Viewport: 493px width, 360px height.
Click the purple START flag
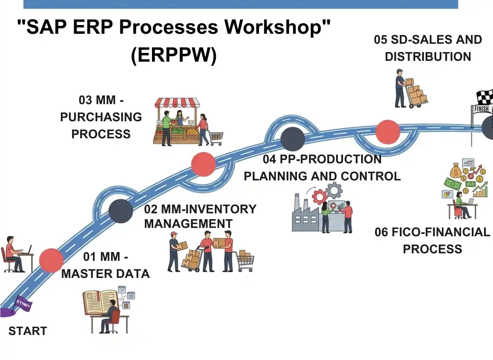pos(22,304)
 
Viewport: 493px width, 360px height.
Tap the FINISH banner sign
pos(481,109)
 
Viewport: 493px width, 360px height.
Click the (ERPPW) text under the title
pos(174,56)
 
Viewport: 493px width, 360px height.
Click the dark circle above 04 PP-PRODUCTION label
pos(292,139)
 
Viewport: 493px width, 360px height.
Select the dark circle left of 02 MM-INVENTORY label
pos(121,211)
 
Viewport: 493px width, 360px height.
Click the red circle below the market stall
pos(203,164)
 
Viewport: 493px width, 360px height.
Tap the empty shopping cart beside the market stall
pos(216,137)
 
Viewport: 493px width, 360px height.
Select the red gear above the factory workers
pos(320,195)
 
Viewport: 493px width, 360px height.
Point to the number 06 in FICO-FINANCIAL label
pos(381,232)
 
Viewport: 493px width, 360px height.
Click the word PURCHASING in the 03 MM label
pos(101,117)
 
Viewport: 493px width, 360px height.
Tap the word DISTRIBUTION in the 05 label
pos(428,57)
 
